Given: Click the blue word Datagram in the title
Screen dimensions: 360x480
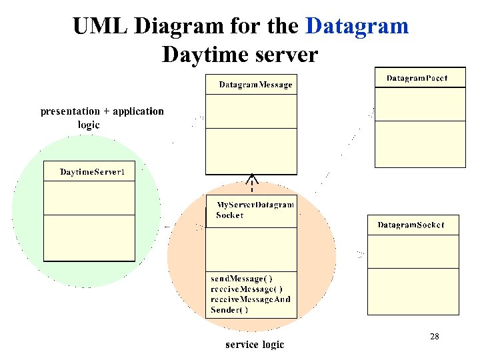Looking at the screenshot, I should [357, 26].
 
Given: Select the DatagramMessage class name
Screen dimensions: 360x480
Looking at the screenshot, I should [255, 85].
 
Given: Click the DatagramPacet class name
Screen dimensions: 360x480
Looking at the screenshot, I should [417, 78].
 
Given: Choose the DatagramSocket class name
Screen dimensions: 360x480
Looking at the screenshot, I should [411, 225].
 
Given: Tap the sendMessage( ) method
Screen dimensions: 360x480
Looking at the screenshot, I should [241, 277].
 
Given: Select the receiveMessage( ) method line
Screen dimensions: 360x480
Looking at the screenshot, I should [246, 289].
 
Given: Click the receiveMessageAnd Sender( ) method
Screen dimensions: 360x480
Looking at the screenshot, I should [250, 304].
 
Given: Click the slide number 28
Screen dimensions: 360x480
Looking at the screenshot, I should [434, 337].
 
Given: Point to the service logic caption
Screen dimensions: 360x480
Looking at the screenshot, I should [255, 345].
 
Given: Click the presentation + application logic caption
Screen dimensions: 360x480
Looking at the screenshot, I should [101, 117].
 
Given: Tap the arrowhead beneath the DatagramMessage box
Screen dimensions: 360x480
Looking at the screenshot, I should [251, 179].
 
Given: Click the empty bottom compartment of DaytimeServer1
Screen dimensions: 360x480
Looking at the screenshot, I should [89, 237].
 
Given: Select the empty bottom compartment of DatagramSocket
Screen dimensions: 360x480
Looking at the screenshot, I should [413, 291].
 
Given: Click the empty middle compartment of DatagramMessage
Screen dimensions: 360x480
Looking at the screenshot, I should [250, 111].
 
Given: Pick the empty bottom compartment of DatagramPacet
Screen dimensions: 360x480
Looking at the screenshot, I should [420, 143].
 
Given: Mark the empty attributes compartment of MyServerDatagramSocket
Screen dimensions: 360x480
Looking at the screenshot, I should [251, 249].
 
